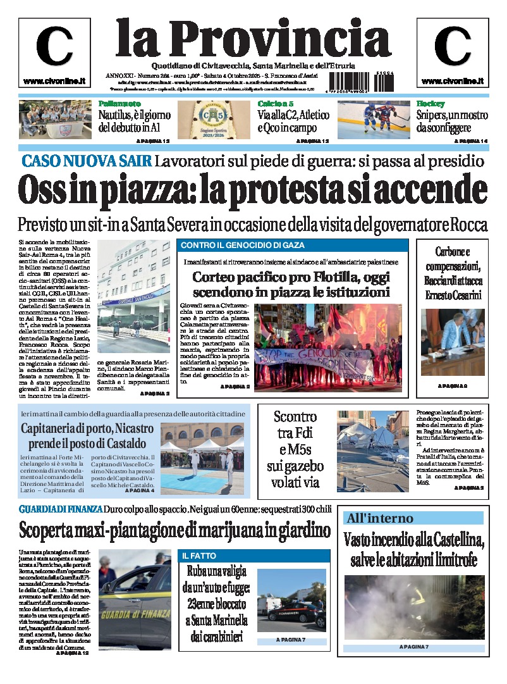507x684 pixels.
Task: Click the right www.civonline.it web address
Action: click(x=452, y=82)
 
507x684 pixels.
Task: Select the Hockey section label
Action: click(x=431, y=104)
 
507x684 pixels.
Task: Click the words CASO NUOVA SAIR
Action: click(x=87, y=161)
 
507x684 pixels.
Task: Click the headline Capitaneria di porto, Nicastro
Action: click(x=88, y=428)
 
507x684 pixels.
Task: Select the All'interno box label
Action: click(x=379, y=518)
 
